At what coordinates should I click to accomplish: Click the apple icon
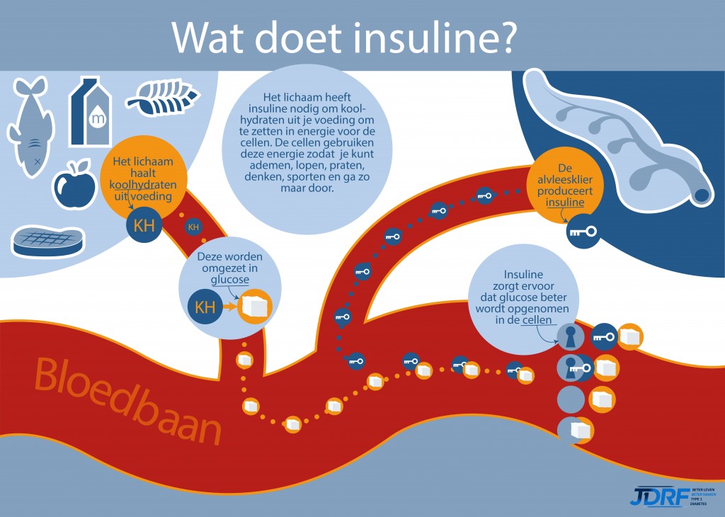pyautogui.click(x=74, y=186)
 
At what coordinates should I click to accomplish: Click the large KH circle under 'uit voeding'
pyautogui.click(x=144, y=225)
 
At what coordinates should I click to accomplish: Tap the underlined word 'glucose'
pyautogui.click(x=230, y=280)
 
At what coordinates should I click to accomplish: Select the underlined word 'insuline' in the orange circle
pyautogui.click(x=565, y=203)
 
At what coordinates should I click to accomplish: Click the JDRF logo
pyautogui.click(x=658, y=495)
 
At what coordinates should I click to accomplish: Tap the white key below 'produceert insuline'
pyautogui.click(x=582, y=231)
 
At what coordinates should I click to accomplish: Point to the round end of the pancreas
pyautogui.click(x=704, y=193)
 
